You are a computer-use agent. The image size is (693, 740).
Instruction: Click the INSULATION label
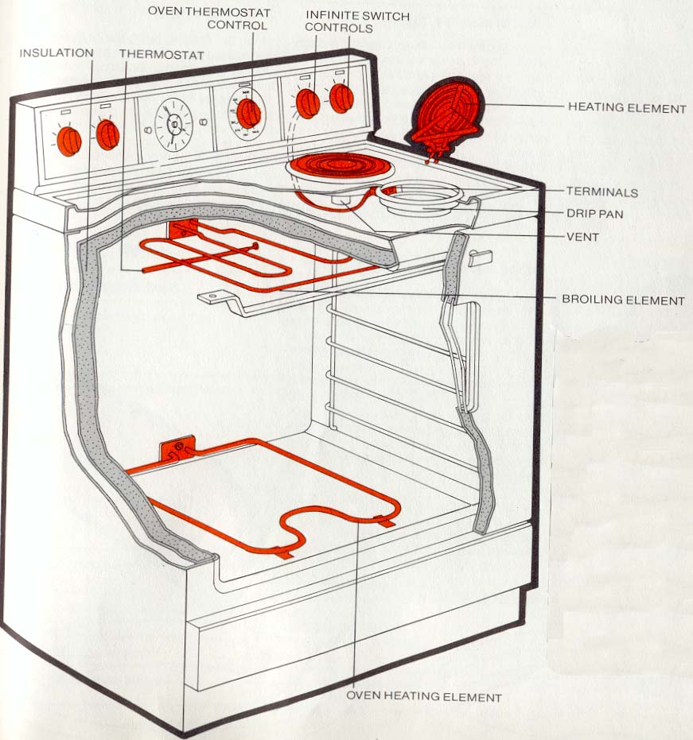[x=56, y=53]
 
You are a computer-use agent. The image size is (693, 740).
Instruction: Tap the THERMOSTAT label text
[x=161, y=54]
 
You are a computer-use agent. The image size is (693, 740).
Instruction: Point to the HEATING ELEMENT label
[x=625, y=107]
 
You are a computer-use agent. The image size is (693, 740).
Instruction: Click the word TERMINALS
[x=602, y=192]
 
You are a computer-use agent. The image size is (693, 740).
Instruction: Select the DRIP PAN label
[x=594, y=214]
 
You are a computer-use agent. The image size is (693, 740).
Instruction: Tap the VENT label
[x=582, y=237]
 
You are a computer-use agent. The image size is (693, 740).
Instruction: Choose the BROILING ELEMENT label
[x=623, y=300]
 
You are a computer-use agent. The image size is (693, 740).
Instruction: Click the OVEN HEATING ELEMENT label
[x=423, y=697]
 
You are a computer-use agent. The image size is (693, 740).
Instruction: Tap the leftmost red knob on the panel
[x=70, y=141]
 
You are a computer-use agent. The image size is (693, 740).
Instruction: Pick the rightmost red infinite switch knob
[x=341, y=97]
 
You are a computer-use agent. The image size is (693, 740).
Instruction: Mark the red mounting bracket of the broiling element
[x=180, y=231]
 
